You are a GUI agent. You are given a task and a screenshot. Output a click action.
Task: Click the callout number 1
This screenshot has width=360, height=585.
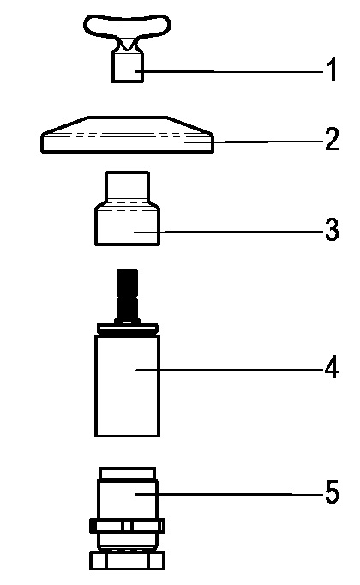(x=332, y=69)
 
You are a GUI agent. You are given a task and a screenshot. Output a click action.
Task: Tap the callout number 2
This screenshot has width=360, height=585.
(x=332, y=139)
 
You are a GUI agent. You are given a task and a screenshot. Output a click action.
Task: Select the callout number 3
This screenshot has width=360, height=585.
(x=332, y=229)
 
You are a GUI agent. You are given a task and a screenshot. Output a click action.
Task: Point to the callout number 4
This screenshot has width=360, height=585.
(x=332, y=367)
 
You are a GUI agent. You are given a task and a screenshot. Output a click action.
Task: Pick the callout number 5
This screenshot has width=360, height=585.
(x=332, y=492)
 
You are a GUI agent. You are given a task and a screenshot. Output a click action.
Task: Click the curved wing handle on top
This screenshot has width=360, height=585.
(x=127, y=26)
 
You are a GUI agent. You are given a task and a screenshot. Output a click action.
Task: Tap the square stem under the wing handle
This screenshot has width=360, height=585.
(x=128, y=67)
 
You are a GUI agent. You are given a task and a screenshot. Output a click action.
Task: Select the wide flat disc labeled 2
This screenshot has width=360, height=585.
(x=127, y=135)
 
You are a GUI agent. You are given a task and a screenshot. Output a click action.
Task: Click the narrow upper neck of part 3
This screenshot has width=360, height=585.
(x=128, y=185)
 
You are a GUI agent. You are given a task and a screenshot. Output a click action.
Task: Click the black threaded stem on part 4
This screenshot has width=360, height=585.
(x=127, y=294)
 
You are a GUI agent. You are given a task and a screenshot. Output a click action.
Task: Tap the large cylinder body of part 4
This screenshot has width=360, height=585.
(x=128, y=386)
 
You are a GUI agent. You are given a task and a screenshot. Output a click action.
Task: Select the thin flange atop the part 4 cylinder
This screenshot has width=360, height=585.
(x=128, y=328)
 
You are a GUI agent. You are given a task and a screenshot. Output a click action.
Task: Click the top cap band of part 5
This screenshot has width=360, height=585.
(x=127, y=473)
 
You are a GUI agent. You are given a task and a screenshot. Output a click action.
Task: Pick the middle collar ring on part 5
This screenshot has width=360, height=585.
(x=127, y=526)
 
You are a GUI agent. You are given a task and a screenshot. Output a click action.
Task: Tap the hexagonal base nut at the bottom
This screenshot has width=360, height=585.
(x=127, y=561)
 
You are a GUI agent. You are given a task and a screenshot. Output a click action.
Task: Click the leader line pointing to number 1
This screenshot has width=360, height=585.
(x=230, y=71)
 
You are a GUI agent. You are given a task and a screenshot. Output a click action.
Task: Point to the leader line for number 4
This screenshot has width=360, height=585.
(x=230, y=370)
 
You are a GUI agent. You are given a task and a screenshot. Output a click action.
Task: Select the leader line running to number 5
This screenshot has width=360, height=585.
(x=230, y=494)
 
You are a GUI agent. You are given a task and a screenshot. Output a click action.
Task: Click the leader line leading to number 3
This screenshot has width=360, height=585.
(x=229, y=232)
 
